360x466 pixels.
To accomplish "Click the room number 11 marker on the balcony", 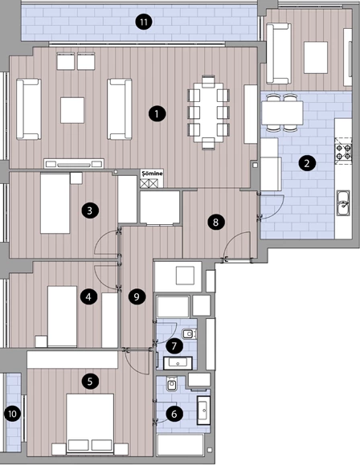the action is (144, 22).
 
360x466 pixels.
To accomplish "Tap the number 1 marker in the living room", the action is (157, 113).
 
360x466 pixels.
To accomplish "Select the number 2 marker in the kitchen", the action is (307, 163).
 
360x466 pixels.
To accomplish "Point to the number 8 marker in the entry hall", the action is (216, 222).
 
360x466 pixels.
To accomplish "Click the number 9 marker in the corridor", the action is (137, 296).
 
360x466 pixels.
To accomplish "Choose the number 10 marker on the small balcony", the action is (13, 414).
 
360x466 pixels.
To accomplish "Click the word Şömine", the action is (152, 174).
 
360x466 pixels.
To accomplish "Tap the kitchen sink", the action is (343, 203).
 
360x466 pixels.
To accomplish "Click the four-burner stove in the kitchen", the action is (343, 152).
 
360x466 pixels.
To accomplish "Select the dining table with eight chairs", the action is (208, 112).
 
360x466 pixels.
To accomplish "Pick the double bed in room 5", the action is (90, 424).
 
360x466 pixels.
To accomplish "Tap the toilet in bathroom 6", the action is (172, 384).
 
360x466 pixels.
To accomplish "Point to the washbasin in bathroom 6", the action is (204, 410).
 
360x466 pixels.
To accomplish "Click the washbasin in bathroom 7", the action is (178, 363).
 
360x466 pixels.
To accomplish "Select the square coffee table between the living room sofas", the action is (72, 110).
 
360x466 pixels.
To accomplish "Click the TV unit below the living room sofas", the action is (74, 163).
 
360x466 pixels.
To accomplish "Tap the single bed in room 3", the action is (55, 203).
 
